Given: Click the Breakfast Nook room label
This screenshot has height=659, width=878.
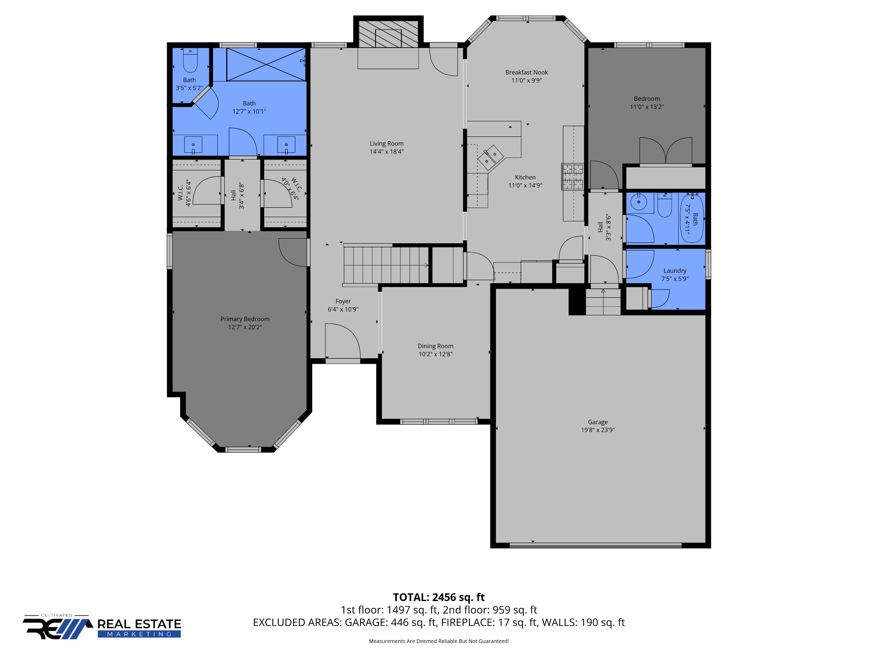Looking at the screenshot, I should (x=526, y=73).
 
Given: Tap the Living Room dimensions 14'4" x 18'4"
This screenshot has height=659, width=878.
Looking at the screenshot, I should (x=386, y=151).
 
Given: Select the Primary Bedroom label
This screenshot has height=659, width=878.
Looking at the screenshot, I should (x=245, y=319).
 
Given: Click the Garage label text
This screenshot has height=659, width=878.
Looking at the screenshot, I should (x=598, y=422).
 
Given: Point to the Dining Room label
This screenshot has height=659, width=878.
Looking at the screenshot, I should (x=436, y=346).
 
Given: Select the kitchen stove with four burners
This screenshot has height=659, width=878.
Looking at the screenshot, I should (x=573, y=177).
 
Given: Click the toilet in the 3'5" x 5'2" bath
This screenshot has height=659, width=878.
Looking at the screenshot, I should (x=190, y=61).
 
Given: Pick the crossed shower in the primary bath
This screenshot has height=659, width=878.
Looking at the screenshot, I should (x=266, y=64).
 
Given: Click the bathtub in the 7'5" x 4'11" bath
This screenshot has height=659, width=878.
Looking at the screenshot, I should (x=692, y=218).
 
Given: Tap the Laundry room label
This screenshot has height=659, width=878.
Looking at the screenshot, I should (x=675, y=271).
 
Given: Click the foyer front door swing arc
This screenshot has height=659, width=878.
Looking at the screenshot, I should (x=343, y=340).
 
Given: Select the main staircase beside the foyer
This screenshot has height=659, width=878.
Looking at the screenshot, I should (x=386, y=265).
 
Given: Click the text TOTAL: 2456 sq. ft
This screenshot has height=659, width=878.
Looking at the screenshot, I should (x=439, y=597).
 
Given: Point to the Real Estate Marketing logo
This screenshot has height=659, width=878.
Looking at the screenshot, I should (x=102, y=627).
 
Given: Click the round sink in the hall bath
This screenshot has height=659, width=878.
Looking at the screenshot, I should (x=639, y=202).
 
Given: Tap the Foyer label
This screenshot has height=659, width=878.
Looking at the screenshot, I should (x=343, y=302).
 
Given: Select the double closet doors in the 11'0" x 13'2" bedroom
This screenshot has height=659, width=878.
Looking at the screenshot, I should (x=665, y=151).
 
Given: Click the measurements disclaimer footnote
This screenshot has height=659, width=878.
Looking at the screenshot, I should (x=439, y=641).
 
